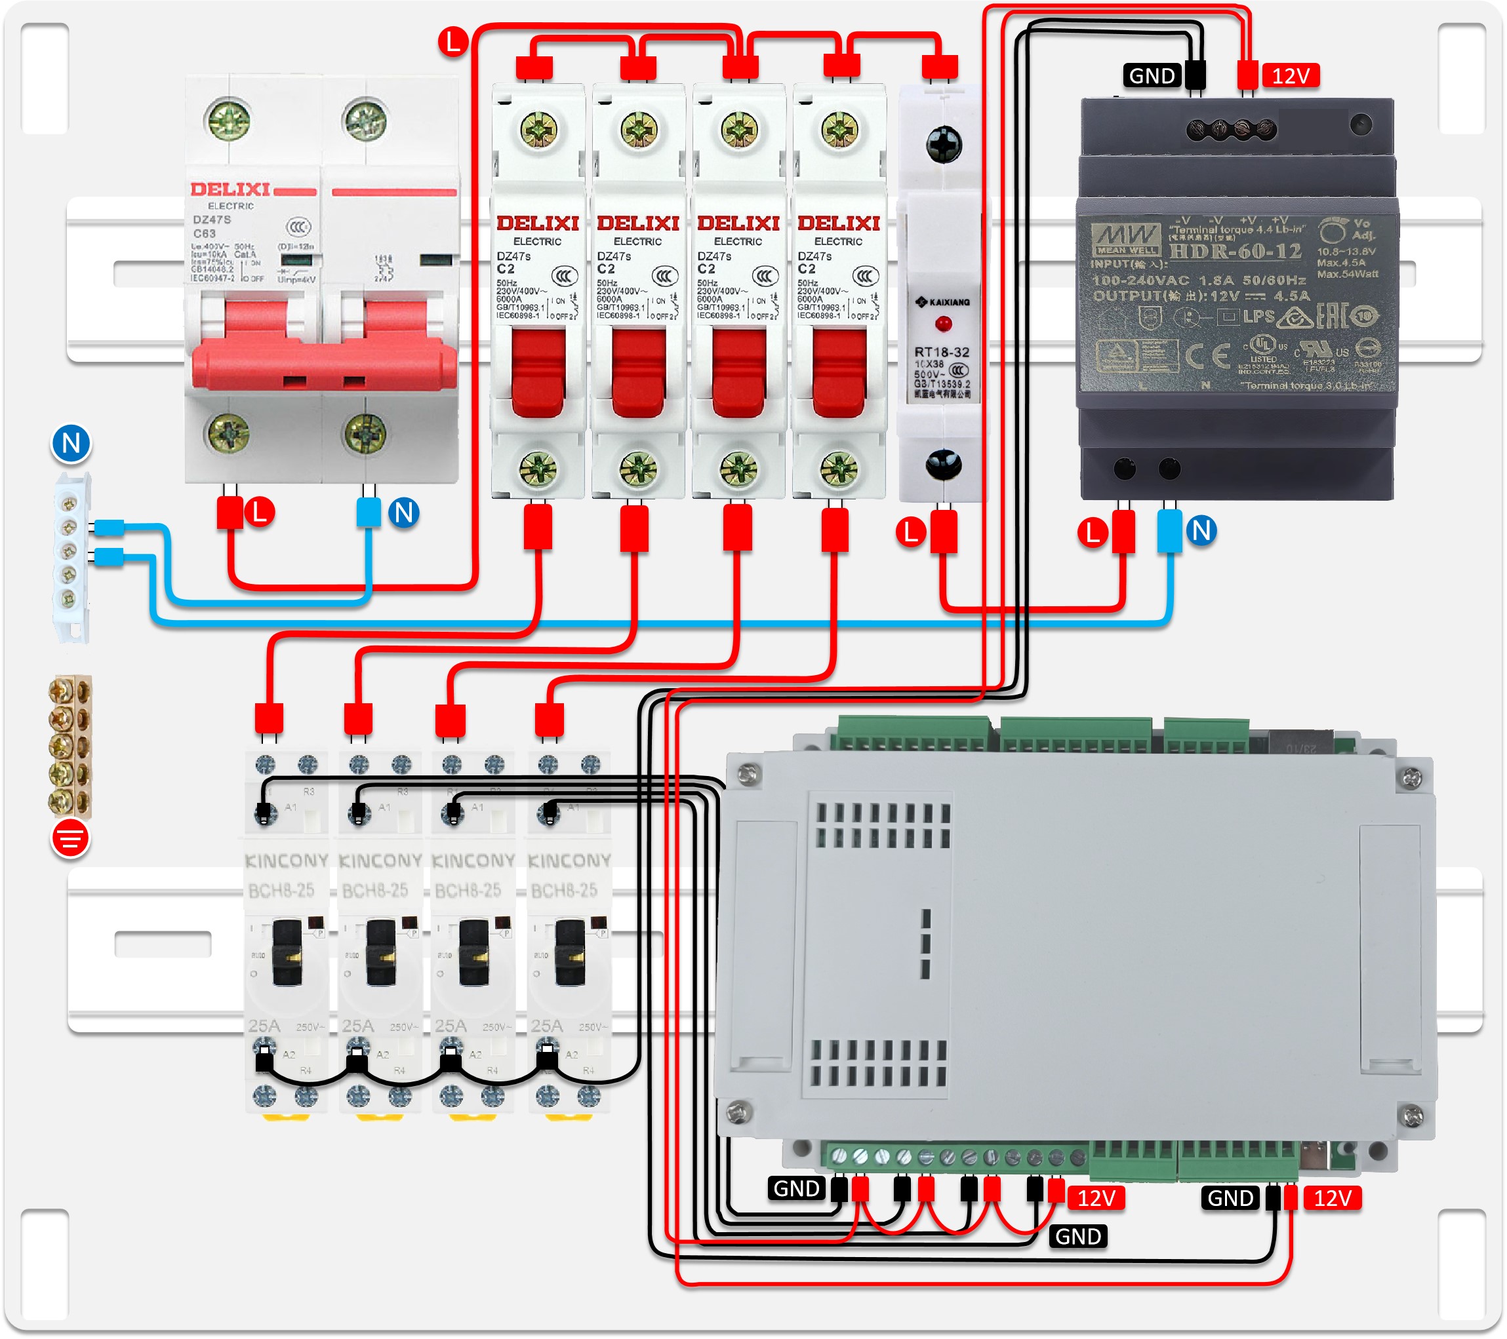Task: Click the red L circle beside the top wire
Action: click(452, 41)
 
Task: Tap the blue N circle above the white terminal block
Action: click(71, 444)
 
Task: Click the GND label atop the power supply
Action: click(1152, 76)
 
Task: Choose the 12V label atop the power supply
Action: click(1290, 76)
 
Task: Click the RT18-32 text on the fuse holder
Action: click(942, 352)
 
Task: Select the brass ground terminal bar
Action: click(70, 746)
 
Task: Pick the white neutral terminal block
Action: click(71, 556)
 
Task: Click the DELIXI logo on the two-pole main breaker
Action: click(230, 189)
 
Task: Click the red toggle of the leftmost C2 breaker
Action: click(538, 372)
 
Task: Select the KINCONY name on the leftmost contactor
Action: click(286, 861)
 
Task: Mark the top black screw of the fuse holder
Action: click(943, 144)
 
